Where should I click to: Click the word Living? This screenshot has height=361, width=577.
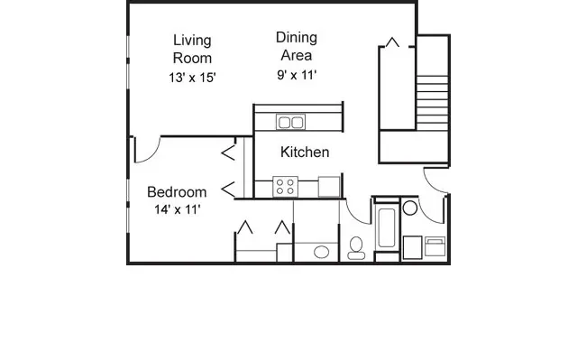click(x=192, y=40)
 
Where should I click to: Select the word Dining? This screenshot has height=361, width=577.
click(x=297, y=37)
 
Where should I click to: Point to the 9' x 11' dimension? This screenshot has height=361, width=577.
click(x=297, y=76)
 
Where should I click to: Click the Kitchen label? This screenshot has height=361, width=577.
click(x=305, y=153)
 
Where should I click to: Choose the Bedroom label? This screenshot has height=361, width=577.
click(x=177, y=192)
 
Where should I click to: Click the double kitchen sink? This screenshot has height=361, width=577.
click(x=290, y=122)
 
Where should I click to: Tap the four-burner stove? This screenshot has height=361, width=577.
click(x=286, y=187)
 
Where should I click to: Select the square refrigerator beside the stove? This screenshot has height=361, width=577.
click(x=330, y=187)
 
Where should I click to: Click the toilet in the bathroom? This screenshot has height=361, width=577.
click(x=356, y=245)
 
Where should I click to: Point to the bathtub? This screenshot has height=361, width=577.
click(x=386, y=228)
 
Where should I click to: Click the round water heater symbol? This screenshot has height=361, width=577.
click(x=410, y=208)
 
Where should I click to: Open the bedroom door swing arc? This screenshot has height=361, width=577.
click(x=147, y=150)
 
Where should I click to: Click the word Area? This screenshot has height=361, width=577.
click(x=297, y=55)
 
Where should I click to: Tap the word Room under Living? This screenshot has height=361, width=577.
click(x=192, y=58)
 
